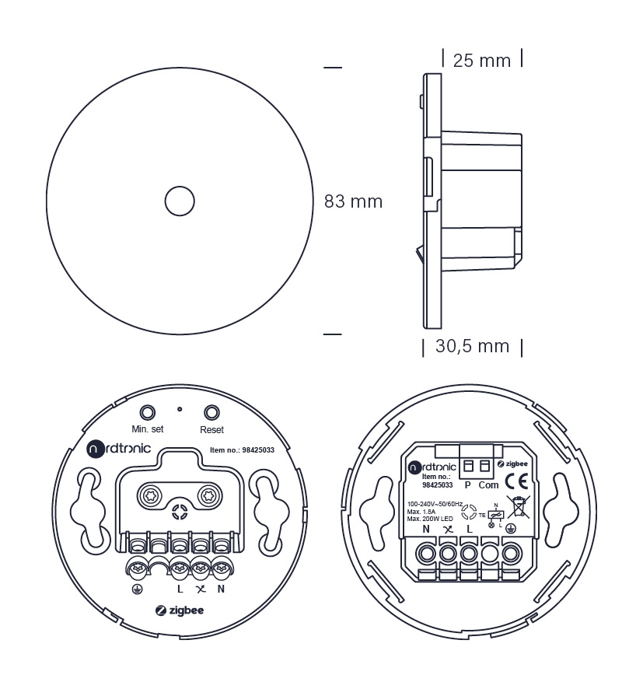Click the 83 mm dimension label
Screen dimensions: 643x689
click(353, 201)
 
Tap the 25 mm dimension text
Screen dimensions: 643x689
click(482, 61)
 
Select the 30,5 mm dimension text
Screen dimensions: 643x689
click(472, 346)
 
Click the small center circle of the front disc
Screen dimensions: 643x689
click(180, 201)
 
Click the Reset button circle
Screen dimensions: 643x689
click(211, 413)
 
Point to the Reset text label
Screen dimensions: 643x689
click(211, 430)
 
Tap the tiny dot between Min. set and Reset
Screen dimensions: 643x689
click(180, 409)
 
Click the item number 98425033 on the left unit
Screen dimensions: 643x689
click(258, 450)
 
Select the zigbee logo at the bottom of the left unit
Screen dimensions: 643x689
click(180, 610)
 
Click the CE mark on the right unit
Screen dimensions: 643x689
click(516, 481)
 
